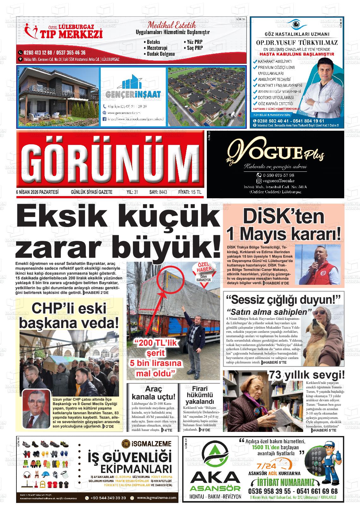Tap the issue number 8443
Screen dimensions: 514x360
click(163, 192)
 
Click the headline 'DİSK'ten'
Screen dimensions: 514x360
click(283, 217)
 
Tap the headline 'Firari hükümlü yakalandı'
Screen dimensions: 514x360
click(199, 395)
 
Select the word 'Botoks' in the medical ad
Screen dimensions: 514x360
click(153, 42)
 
